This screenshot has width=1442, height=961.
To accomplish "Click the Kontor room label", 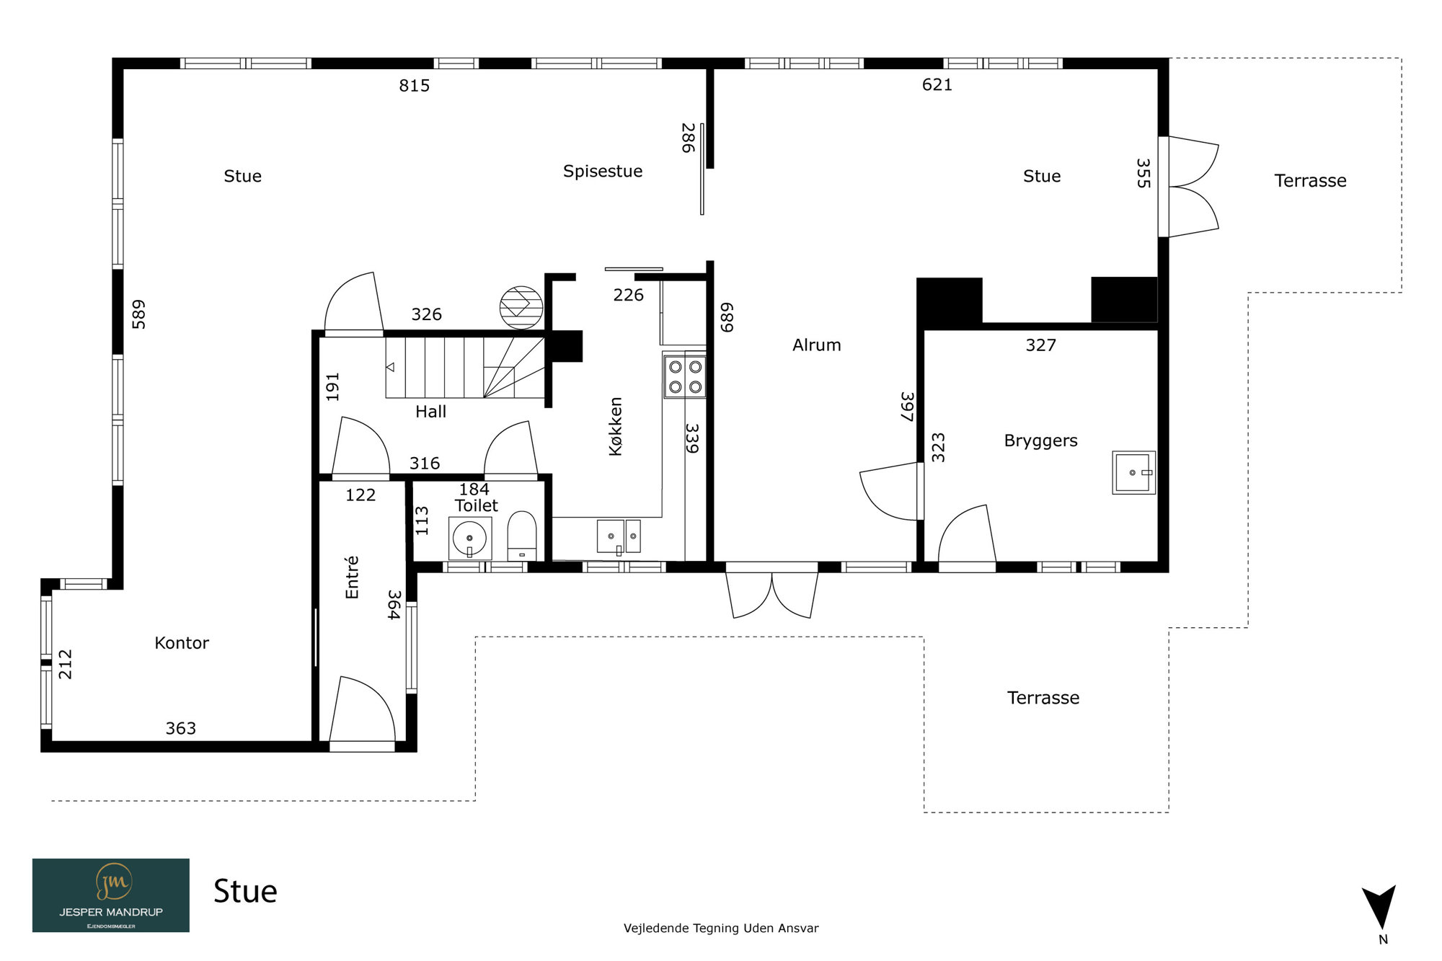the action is tap(182, 643).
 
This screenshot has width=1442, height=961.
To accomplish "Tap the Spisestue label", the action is tap(603, 172).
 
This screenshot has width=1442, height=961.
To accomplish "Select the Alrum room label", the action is tap(817, 345).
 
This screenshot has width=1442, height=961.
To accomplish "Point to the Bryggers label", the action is tap(1040, 441).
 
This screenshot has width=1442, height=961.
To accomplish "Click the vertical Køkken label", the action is tap(615, 426).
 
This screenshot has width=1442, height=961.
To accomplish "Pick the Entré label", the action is tap(352, 577).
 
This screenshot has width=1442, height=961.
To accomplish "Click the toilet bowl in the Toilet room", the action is tap(522, 536).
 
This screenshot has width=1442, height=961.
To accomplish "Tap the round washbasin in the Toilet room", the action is tap(469, 538).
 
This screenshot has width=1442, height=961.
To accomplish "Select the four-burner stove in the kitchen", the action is tap(685, 376).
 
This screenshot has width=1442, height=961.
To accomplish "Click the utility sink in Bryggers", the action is tap(1133, 472).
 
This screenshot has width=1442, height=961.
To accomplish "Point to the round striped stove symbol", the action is tap(521, 308).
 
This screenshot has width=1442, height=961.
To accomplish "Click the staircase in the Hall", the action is tap(464, 368).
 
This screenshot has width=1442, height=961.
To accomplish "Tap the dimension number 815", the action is tap(415, 86).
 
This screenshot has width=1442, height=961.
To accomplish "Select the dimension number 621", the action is tap(937, 85).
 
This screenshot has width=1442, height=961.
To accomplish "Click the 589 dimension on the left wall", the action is tap(138, 314).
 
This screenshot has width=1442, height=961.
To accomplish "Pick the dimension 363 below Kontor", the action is tap(181, 729).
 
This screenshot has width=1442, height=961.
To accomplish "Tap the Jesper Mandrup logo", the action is tap(111, 895).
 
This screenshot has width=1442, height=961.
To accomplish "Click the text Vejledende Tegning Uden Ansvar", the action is tap(721, 929).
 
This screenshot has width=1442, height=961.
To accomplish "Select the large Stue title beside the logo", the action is tap(245, 892).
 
